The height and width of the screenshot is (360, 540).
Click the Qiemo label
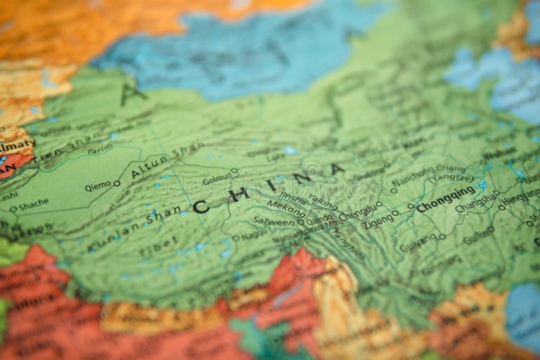click(x=98, y=186)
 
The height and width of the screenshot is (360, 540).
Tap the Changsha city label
click(x=475, y=205)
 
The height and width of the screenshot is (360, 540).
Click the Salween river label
click(x=274, y=221)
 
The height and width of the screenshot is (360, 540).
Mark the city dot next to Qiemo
click(x=117, y=184)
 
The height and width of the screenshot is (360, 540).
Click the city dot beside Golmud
click(x=235, y=171)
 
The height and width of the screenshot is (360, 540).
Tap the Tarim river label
click(x=99, y=149)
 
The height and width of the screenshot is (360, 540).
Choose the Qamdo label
click(x=319, y=219)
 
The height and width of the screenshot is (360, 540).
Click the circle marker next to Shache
click(x=13, y=208)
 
